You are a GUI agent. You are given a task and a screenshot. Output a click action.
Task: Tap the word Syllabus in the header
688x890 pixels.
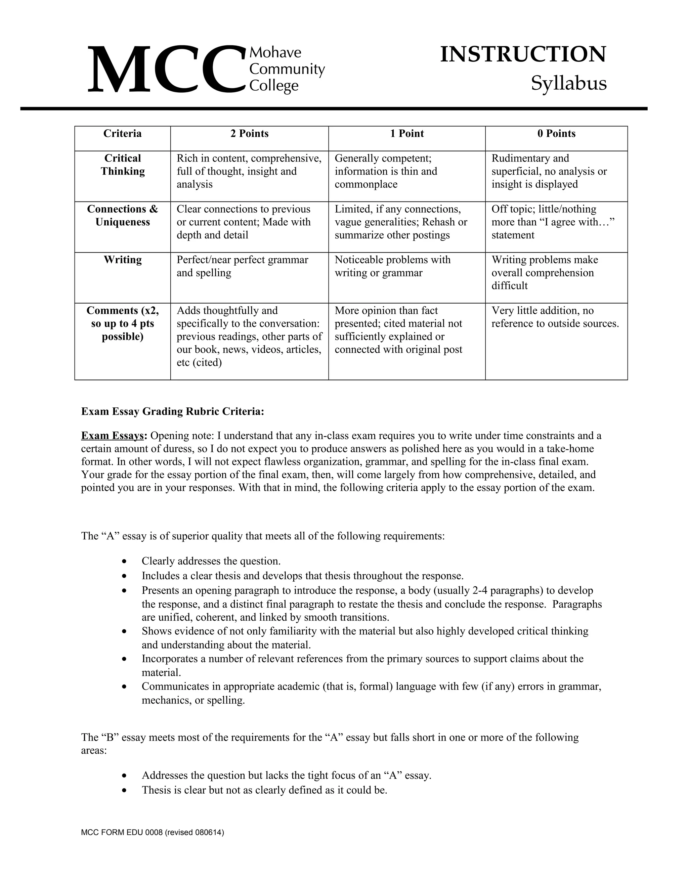coord(569,84)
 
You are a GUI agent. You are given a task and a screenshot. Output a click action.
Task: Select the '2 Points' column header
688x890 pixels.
coord(250,134)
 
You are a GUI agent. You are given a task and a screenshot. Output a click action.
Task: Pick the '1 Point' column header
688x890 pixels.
coord(407,134)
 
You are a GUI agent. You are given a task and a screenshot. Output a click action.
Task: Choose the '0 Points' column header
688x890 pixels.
coord(556,134)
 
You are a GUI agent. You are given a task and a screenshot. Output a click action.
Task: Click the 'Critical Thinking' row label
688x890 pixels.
coord(123,165)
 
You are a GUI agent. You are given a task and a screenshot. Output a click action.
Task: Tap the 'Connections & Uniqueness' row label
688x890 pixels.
coord(123,216)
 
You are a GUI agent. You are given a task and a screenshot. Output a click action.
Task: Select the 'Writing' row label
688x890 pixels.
coord(123,260)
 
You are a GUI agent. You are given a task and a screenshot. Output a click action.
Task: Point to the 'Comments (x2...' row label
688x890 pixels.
coord(123,323)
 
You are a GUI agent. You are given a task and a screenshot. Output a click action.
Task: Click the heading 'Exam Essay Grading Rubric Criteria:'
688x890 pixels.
coord(173,412)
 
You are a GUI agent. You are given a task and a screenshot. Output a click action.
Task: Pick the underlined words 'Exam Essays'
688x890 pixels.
coord(113,436)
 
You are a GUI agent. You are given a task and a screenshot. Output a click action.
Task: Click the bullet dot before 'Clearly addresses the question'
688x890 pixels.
coord(125,562)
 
